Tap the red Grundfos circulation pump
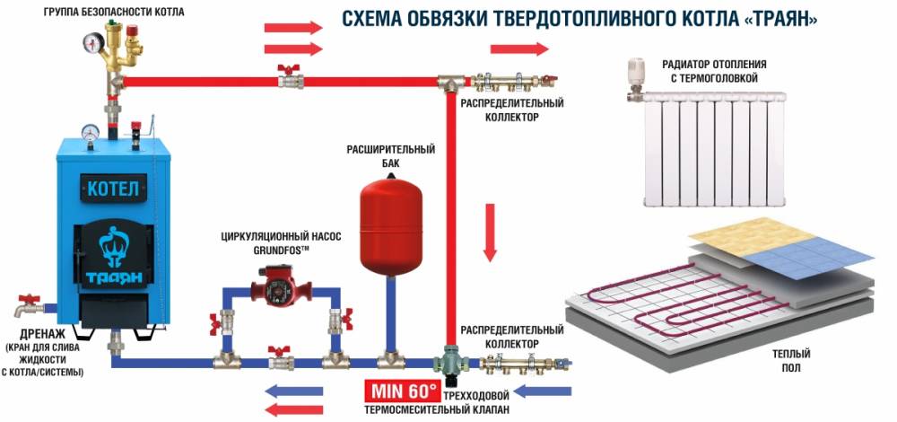point(278,293)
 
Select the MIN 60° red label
point(400,391)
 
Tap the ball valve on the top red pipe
point(289,77)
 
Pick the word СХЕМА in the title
point(376,19)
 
